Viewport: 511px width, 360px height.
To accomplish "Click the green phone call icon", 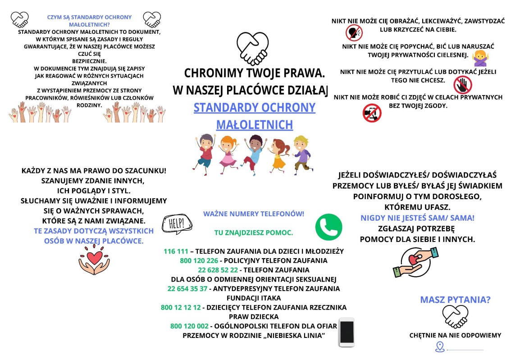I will [x=329, y=227].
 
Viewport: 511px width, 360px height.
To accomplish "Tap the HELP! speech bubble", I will [x=176, y=223].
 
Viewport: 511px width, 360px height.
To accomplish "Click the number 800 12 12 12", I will [x=181, y=307].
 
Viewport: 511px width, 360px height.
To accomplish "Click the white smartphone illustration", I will [x=347, y=333].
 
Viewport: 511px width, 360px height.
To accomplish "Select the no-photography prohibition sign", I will [x=372, y=113].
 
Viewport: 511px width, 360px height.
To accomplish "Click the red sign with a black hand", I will [x=462, y=85].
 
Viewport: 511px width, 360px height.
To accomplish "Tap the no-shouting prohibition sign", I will [x=354, y=32].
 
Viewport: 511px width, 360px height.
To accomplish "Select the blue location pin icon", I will [x=440, y=346].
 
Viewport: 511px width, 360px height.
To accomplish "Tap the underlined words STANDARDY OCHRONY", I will [x=254, y=108].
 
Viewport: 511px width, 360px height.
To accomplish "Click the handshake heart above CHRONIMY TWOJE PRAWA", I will [x=252, y=49].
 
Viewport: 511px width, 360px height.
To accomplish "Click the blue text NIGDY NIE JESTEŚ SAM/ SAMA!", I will [x=417, y=218].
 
